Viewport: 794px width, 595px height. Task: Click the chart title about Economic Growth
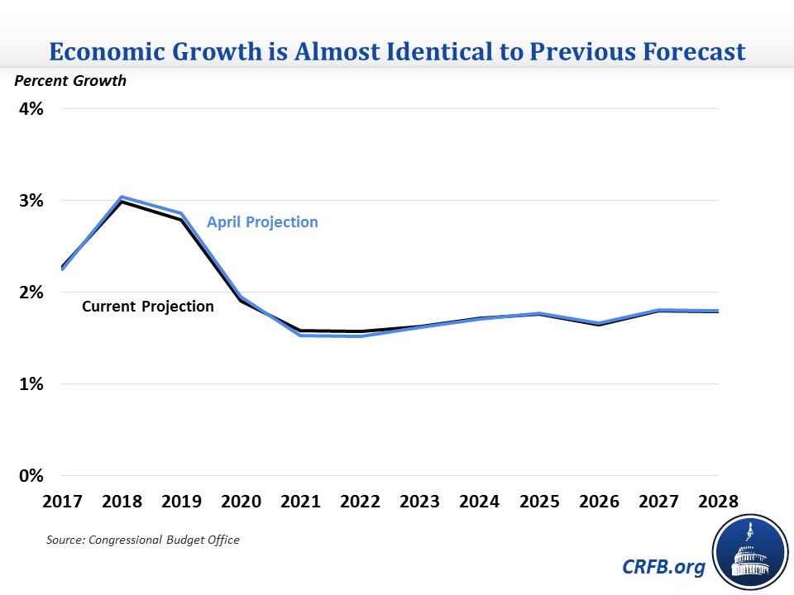click(x=397, y=52)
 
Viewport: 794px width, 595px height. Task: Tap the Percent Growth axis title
click(x=69, y=81)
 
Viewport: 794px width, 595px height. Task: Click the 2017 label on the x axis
click(x=62, y=502)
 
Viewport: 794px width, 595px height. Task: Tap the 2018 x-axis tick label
click(x=122, y=502)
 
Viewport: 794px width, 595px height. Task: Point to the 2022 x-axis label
click(x=361, y=502)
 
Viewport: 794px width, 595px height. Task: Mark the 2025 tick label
click(x=539, y=502)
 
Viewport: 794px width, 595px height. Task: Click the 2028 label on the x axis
click(x=718, y=502)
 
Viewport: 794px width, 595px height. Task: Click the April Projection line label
click(x=262, y=222)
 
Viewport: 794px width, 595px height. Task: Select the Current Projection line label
click(x=147, y=307)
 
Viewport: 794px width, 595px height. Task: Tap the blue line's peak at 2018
click(x=122, y=198)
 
